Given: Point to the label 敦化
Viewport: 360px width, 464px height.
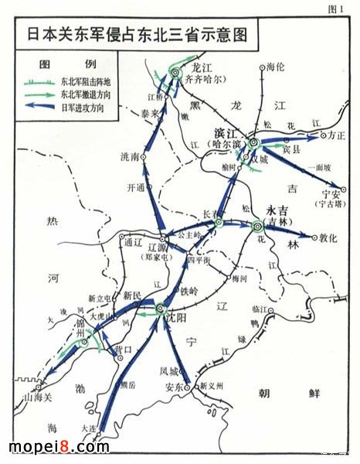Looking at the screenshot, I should coord(329,239).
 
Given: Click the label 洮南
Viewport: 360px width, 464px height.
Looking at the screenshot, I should coord(131,157).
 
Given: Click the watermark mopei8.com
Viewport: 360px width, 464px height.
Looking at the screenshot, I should coord(59,446).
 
